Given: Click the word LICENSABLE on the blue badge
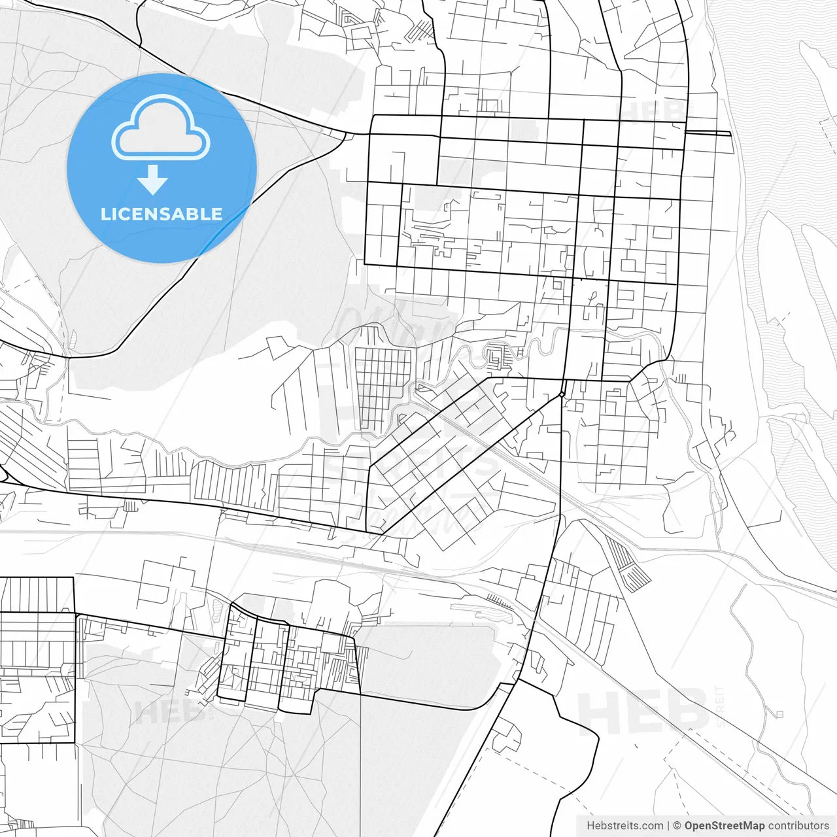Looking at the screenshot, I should (162, 214).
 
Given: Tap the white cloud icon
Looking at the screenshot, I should (161, 128).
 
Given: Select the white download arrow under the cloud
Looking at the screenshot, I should (153, 179).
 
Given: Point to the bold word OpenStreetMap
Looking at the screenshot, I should (724, 826).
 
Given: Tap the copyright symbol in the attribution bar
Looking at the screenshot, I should (677, 826).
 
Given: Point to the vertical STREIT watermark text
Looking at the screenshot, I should (720, 706).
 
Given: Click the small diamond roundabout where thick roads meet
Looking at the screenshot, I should (562, 394).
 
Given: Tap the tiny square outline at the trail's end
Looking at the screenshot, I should (779, 713).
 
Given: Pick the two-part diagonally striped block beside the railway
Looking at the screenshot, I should (628, 564).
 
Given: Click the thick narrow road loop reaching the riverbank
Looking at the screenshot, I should (708, 133).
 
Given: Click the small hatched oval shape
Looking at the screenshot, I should (73, 339).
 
